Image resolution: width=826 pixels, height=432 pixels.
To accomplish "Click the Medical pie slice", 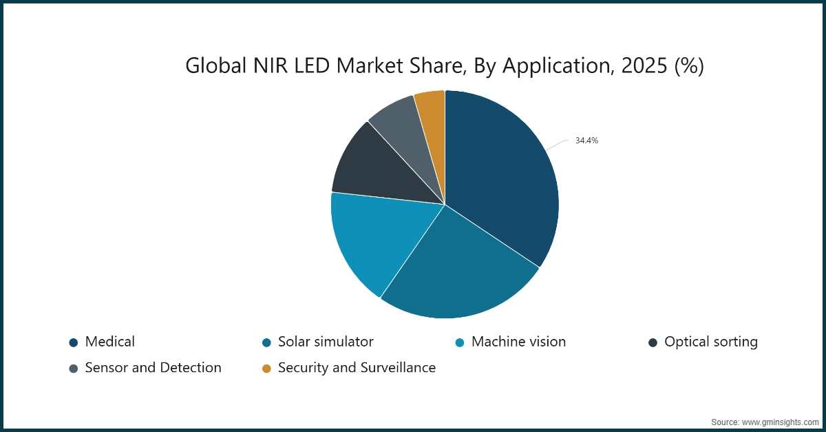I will tap(502, 179).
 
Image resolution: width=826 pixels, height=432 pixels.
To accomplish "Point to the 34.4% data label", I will tap(586, 141).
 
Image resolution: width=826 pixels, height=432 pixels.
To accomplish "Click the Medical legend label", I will tap(110, 342).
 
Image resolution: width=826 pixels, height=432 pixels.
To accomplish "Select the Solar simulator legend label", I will tap(326, 342).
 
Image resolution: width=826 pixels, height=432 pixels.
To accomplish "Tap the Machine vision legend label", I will tap(518, 342).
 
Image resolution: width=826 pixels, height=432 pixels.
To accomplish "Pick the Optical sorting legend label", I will tap(710, 342).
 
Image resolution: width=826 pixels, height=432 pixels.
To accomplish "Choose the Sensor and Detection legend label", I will tap(153, 368).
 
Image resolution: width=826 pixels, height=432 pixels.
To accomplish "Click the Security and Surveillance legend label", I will tap(357, 368).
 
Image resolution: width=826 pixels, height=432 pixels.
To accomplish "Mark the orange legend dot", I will tap(266, 369).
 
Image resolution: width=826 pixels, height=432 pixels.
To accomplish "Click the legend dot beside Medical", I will tap(73, 342).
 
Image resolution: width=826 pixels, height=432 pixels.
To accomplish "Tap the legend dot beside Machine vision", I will tap(459, 342).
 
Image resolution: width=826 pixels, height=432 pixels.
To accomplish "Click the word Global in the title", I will tap(211, 66).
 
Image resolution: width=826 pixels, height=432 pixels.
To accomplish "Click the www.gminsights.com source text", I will tap(779, 421).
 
